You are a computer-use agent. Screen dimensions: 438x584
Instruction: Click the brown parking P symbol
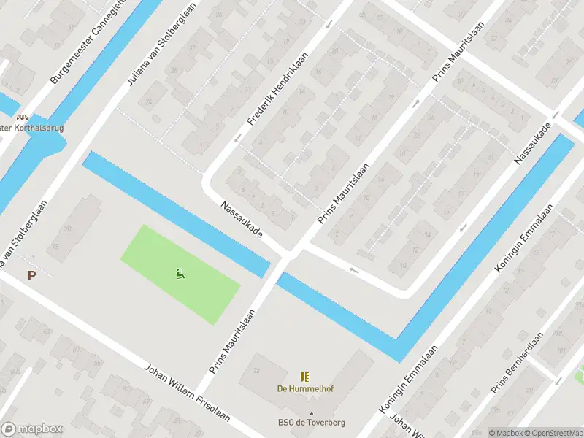pyautogui.click(x=31, y=275)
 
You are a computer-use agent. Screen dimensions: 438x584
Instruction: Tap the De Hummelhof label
pyautogui.click(x=304, y=388)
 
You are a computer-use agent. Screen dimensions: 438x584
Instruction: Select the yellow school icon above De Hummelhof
pyautogui.click(x=304, y=377)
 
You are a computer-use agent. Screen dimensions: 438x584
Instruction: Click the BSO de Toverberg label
pyautogui.click(x=311, y=422)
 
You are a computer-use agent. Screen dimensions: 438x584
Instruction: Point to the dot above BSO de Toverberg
pyautogui.click(x=311, y=413)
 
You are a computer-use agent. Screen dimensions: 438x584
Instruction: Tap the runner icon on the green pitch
pyautogui.click(x=180, y=274)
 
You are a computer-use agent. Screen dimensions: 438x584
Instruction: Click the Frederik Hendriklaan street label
pyautogui.click(x=277, y=88)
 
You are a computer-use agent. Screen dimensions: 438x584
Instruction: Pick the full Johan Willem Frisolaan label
pyautogui.click(x=188, y=393)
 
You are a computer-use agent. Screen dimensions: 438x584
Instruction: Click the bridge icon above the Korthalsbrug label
pyautogui.click(x=22, y=117)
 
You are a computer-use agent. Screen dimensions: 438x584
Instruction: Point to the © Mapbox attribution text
pyautogui.click(x=505, y=433)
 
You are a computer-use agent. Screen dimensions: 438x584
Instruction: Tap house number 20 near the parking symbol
pyautogui.click(x=68, y=228)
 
